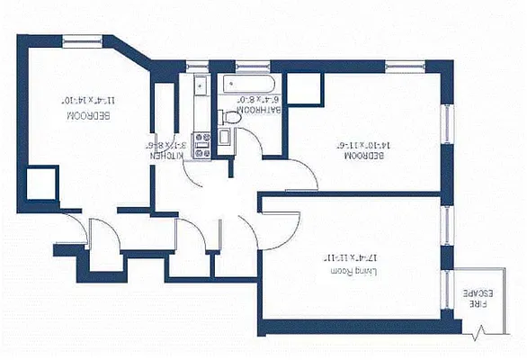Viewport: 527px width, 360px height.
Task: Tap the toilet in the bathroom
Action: point(230,116)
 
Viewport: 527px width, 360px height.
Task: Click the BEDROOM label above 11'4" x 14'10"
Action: point(93,115)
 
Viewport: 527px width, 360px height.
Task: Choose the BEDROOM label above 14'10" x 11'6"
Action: point(363,156)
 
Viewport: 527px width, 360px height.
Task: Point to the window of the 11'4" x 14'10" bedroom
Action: point(82,39)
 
